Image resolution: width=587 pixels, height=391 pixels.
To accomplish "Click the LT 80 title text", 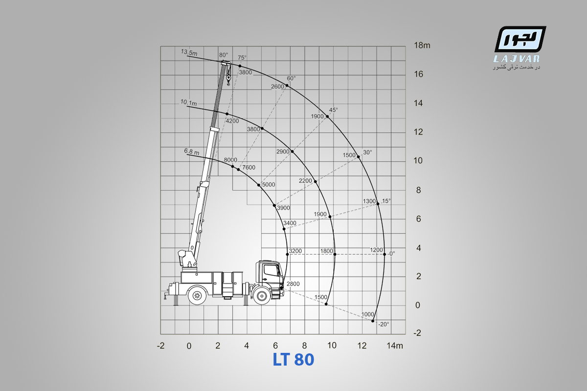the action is tap(293, 360).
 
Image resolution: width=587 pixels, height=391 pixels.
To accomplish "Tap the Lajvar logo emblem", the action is tap(520, 39).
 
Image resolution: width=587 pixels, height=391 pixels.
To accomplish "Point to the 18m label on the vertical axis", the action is tap(422, 45).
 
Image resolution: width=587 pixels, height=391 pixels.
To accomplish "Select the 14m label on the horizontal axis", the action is tap(395, 346).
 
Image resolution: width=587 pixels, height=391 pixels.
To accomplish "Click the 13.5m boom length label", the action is tap(189, 52).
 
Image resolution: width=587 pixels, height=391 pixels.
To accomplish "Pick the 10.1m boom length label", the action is tap(188, 103).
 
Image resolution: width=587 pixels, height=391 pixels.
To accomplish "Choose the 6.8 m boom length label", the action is tap(192, 152).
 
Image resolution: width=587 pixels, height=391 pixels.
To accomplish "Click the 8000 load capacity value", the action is tap(230, 160).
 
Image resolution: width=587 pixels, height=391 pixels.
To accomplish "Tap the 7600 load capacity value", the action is tap(248, 167).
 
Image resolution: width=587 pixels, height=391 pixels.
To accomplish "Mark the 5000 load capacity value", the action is tap(269, 185).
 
